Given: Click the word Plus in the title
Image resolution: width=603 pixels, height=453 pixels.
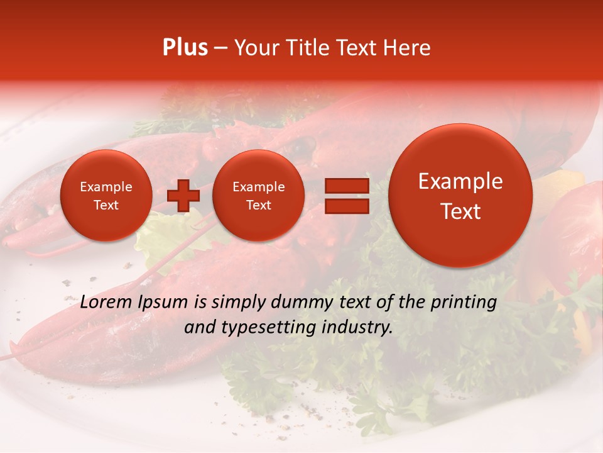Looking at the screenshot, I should [x=185, y=48].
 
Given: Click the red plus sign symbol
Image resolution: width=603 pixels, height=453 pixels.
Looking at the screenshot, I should [x=183, y=196].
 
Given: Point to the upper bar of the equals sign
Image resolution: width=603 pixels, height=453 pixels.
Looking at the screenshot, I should [x=346, y=186].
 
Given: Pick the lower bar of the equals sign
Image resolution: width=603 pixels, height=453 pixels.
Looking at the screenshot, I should [x=346, y=206].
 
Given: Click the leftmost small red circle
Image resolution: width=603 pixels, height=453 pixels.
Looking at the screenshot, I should [x=106, y=196].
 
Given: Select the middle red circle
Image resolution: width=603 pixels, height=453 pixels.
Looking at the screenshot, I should [x=258, y=196].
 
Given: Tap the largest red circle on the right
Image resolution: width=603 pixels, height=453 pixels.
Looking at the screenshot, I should [x=460, y=196].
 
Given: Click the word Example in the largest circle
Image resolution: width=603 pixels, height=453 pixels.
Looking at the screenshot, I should [x=460, y=181].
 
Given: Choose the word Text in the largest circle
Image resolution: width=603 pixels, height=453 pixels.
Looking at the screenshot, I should [x=460, y=211].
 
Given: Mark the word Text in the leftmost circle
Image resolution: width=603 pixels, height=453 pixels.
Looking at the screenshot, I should [x=106, y=205].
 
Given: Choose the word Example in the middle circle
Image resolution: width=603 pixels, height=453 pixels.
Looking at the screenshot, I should [x=258, y=187].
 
